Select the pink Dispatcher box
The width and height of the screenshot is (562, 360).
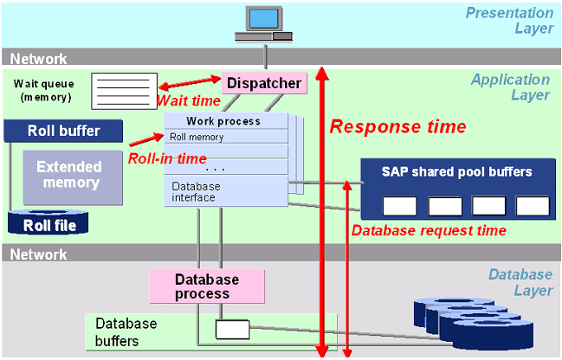pyautogui.click(x=265, y=83)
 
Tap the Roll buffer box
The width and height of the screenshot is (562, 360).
pyautogui.click(x=63, y=132)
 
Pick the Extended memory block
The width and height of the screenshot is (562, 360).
pyautogui.click(x=68, y=175)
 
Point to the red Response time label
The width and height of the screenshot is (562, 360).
pyautogui.click(x=397, y=126)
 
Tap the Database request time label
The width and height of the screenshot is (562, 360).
pyautogui.click(x=428, y=230)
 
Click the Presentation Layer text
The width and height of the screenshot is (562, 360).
pyautogui.click(x=509, y=21)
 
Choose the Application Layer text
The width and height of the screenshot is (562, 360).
pyautogui.click(x=510, y=87)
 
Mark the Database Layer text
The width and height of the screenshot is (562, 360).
pyautogui.click(x=520, y=283)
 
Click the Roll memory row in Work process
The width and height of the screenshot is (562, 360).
pyautogui.click(x=225, y=137)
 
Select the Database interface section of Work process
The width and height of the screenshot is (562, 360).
pyautogui.click(x=225, y=191)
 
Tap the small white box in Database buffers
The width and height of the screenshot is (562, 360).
pyautogui.click(x=232, y=330)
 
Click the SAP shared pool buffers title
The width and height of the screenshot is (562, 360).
pyautogui.click(x=456, y=171)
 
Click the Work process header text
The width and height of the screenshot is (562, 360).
pyautogui.click(x=223, y=121)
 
